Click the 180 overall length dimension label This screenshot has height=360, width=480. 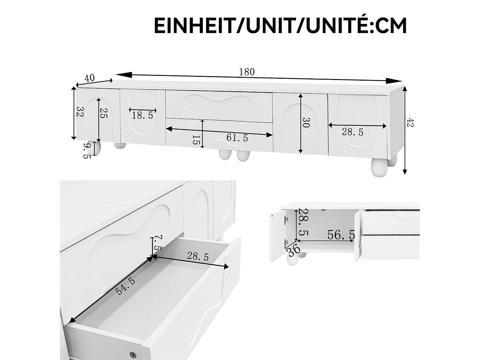coord(247,72)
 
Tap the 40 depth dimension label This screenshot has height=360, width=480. coord(90,78)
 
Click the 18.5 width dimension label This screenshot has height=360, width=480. coord(143,116)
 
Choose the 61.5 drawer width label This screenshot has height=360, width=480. coord(237,138)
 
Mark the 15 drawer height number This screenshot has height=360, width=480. coord(196,140)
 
